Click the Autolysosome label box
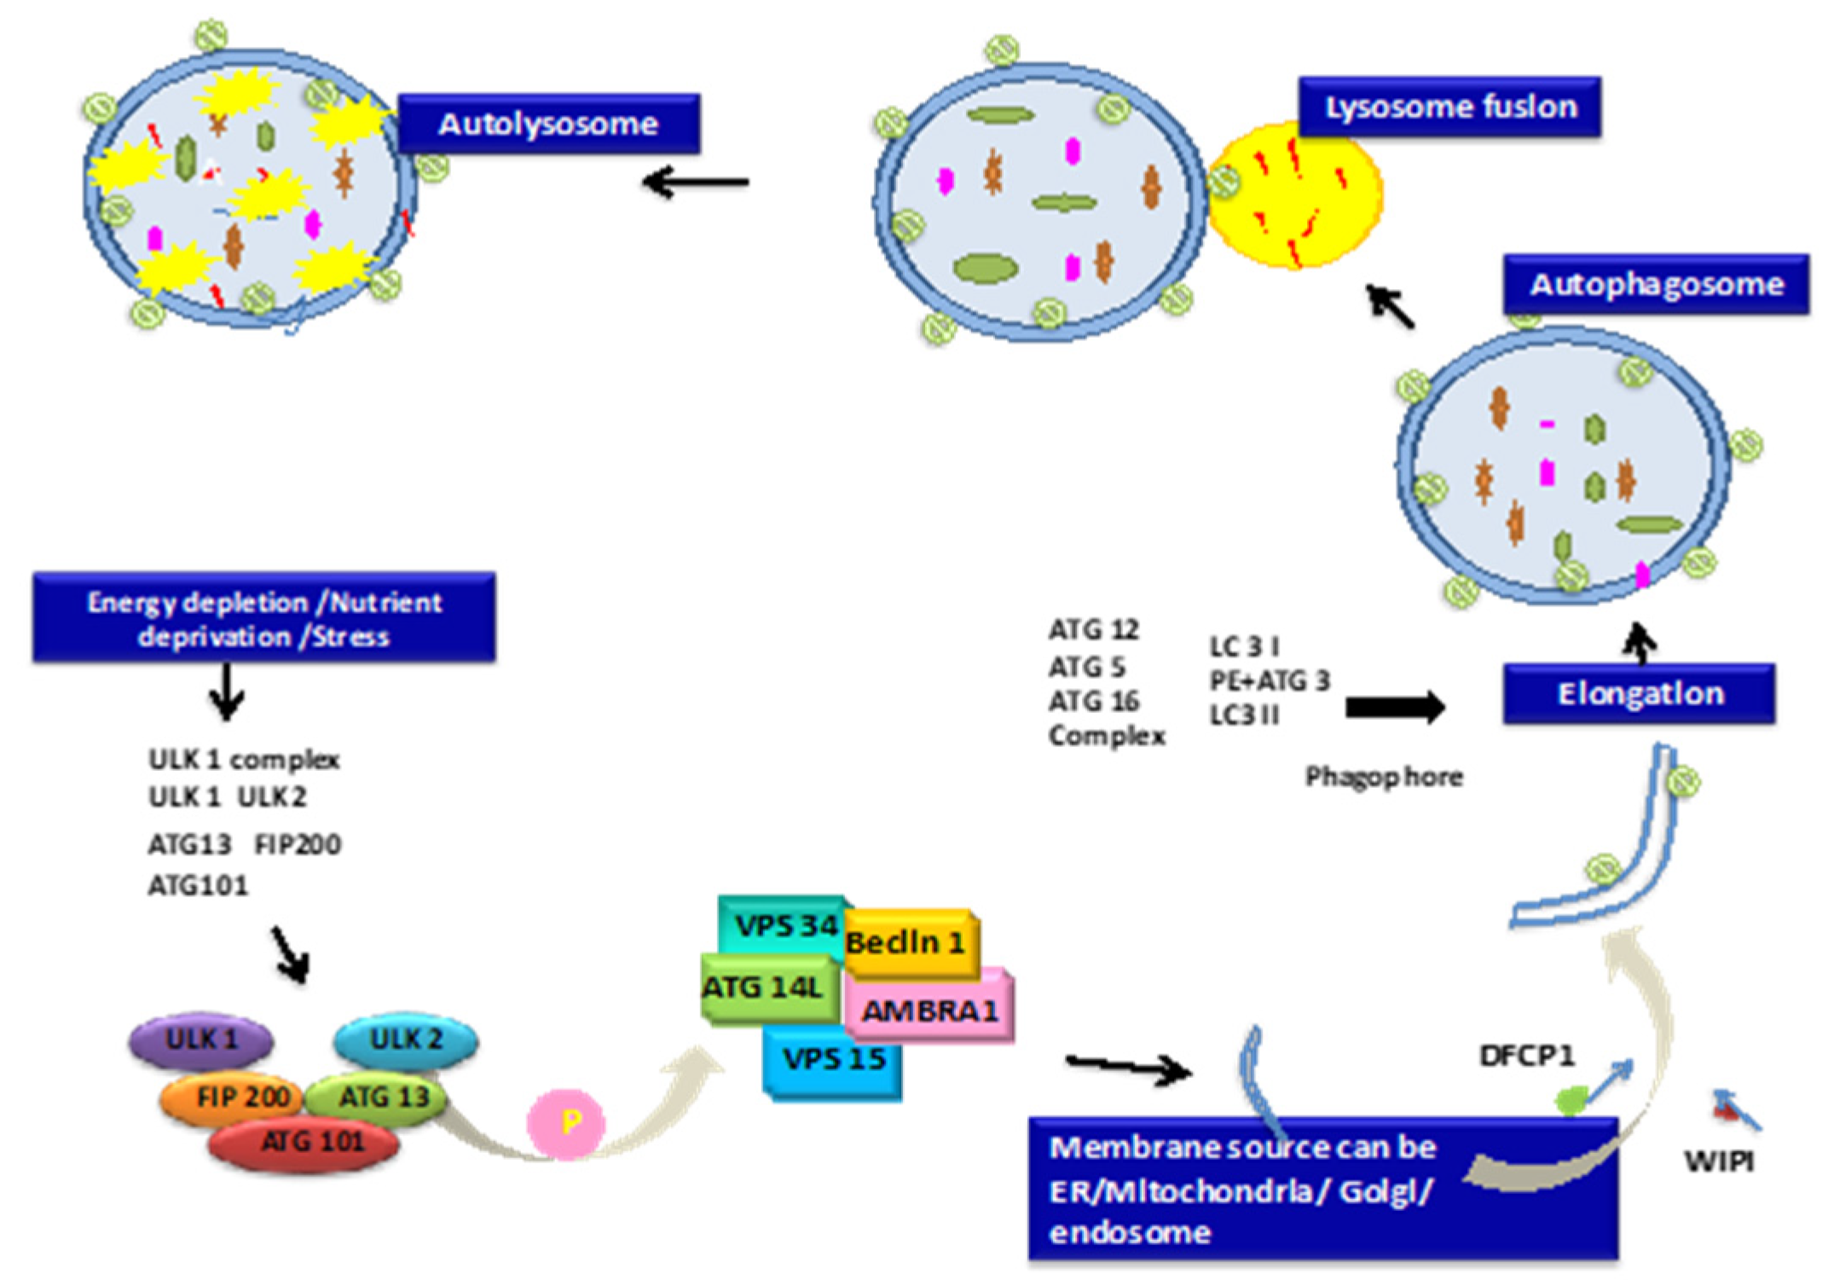point(548,125)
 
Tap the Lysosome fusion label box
point(1449,107)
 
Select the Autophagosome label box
point(1656,284)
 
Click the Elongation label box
point(1639,693)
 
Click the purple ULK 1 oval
point(201,1040)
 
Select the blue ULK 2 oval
point(406,1040)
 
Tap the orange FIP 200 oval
point(232,1097)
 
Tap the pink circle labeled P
point(566,1123)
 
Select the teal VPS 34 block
point(780,924)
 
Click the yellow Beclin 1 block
point(910,943)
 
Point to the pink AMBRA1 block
point(929,1010)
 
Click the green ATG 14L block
point(765,988)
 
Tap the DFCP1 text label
point(1526,1056)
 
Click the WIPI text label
point(1719,1161)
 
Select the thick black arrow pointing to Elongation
point(1395,707)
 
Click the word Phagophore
point(1384,777)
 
